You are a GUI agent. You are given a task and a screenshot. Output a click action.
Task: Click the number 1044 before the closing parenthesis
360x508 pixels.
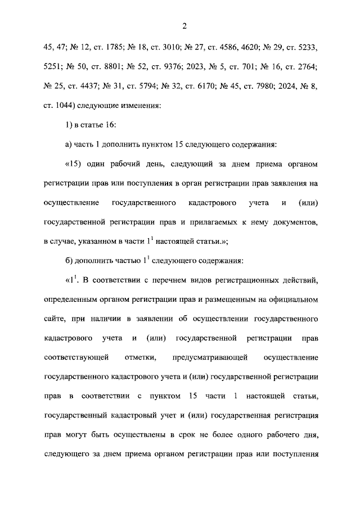(x=65, y=105)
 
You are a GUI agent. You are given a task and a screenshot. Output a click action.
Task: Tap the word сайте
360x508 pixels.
(x=53, y=319)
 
